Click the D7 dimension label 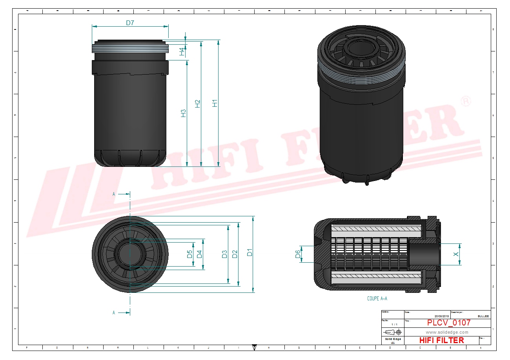(x=130, y=23)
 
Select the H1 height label (x=215, y=103)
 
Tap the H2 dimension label (x=198, y=103)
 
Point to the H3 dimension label (x=183, y=113)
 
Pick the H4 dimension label (x=182, y=51)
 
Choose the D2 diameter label (x=235, y=254)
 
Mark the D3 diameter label (x=224, y=254)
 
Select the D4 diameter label (x=199, y=254)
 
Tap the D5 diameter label (x=189, y=254)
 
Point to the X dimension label (x=456, y=254)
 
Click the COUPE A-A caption (x=377, y=299)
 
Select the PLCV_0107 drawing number (x=448, y=323)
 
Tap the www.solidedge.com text (x=447, y=332)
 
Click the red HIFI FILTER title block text (x=441, y=340)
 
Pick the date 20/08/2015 (x=441, y=316)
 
